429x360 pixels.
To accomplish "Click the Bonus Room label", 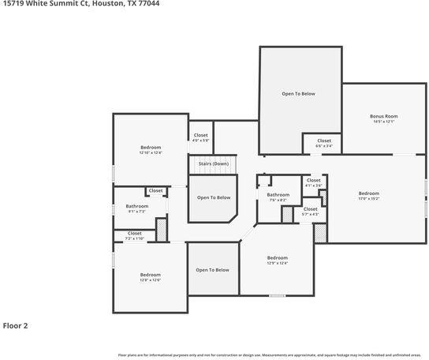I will tap(384, 116).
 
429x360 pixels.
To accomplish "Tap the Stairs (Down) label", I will tap(214, 163).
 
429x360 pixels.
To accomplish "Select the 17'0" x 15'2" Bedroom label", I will tap(368, 193).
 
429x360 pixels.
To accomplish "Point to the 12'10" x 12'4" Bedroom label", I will tap(151, 148).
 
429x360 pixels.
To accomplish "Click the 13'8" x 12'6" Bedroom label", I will tap(150, 275).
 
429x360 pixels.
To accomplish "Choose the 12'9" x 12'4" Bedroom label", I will tap(277, 258).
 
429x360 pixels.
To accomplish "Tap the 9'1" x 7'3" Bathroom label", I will tap(137, 206).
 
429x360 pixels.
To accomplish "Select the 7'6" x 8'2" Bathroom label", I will tap(278, 195).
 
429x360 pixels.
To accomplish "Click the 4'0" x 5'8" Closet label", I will tap(200, 135).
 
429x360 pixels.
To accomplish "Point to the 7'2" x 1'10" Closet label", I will tap(135, 233).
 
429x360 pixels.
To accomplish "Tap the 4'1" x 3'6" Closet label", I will tap(313, 180).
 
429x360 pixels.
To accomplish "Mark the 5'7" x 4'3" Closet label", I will tap(311, 209).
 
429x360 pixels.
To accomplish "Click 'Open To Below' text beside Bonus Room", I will tap(299, 94).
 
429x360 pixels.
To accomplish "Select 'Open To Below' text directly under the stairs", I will tap(214, 197).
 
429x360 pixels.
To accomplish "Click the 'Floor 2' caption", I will tap(16, 324).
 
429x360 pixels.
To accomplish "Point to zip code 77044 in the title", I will tap(149, 4).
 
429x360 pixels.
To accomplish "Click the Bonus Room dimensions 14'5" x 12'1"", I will tap(384, 122).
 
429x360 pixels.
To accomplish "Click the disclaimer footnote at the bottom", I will tap(269, 355).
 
